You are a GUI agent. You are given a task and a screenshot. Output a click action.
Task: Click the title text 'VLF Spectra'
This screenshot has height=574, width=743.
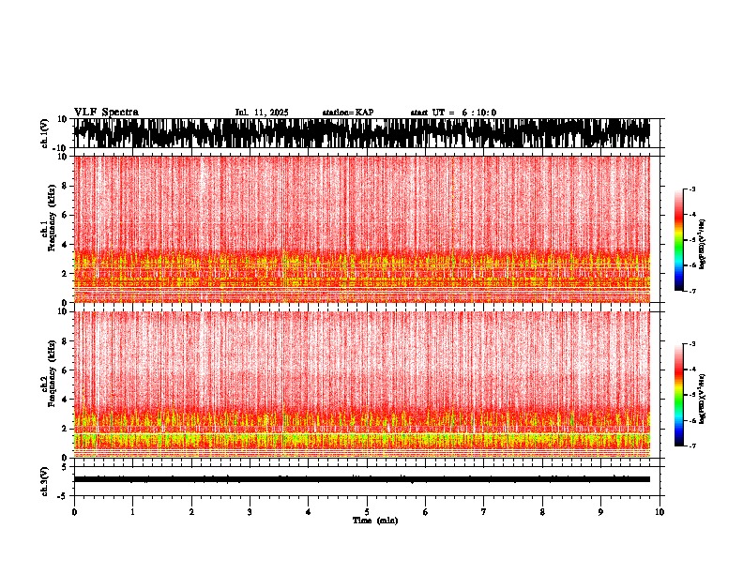106,112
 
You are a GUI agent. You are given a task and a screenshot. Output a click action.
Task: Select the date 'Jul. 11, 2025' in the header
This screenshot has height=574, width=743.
262,113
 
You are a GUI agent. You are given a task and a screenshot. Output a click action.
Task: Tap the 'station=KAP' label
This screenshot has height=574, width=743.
347,113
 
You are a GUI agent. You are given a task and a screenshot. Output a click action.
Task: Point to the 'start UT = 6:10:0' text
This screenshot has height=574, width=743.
453,113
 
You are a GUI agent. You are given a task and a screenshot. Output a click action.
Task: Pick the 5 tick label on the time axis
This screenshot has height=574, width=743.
367,511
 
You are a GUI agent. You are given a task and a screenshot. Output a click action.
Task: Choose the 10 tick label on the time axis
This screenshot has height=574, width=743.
660,511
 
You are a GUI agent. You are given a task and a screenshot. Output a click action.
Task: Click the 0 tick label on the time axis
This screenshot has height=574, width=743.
74,511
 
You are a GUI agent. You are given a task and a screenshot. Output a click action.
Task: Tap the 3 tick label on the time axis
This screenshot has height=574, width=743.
250,511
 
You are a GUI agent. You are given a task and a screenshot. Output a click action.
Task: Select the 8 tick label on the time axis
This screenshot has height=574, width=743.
542,511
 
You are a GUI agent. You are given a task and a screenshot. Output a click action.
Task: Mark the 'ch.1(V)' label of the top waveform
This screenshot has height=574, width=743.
44,133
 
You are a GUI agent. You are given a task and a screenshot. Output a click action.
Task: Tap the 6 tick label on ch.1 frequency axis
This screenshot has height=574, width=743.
63,215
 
